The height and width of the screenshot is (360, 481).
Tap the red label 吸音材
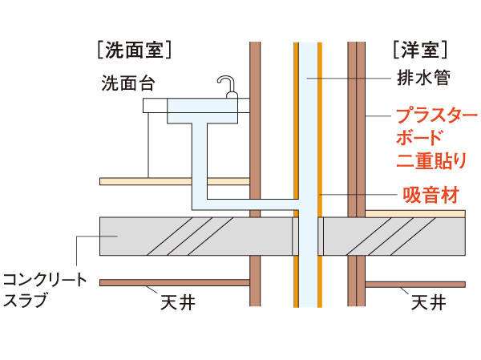tap(430, 195)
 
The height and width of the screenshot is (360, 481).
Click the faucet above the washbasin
tap(228, 85)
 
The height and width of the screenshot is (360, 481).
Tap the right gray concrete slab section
tap(394, 236)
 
